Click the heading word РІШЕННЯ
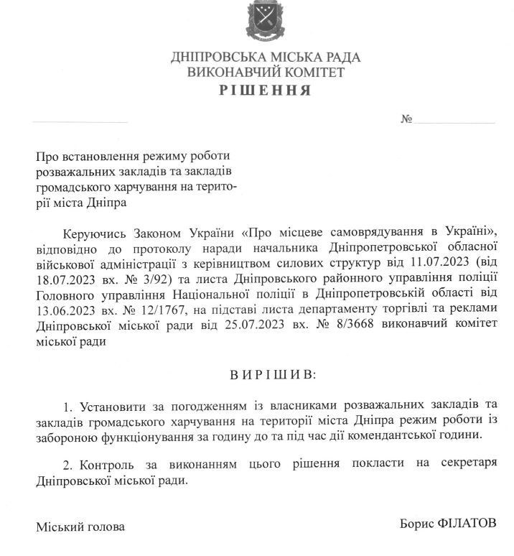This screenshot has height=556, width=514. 266,91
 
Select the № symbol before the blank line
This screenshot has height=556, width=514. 406,119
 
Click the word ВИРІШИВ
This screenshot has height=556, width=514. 266,375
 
